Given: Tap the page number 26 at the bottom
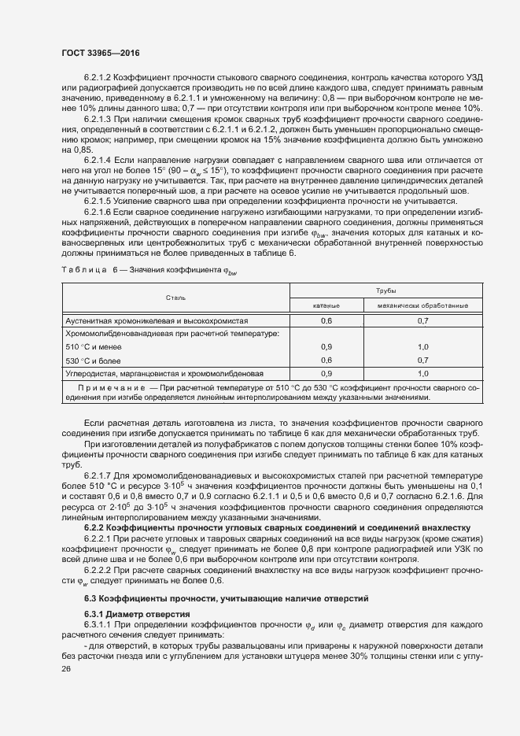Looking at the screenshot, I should [x=67, y=669].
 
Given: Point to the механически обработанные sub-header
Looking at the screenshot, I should [x=422, y=305].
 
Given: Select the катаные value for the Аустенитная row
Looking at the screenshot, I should [x=326, y=320].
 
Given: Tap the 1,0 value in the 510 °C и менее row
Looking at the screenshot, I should [x=422, y=346].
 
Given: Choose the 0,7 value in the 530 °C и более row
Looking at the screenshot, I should [x=422, y=360].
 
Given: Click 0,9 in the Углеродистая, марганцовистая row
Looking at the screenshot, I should [x=326, y=373].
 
